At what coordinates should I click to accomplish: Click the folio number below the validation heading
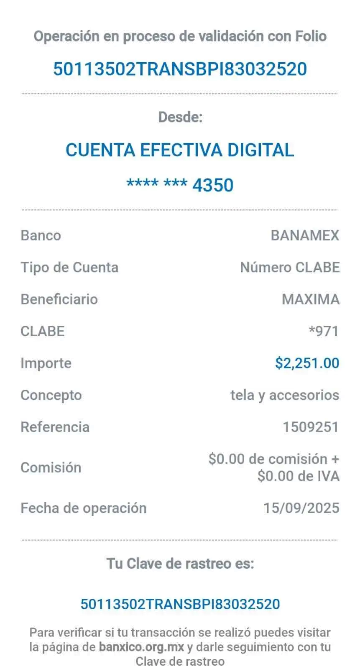pos(180,69)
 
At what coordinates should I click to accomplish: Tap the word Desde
pos(180,117)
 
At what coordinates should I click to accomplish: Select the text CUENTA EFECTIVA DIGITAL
pos(180,150)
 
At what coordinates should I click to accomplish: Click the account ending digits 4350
pos(213,185)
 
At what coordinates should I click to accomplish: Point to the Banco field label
pos(41,235)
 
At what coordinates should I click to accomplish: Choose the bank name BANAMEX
pos(305,235)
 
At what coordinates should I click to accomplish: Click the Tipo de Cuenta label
pos(69,267)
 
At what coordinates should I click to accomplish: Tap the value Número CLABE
pos(290,267)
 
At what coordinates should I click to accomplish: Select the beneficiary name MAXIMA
pos(310,299)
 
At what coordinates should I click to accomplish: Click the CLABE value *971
pos(323,331)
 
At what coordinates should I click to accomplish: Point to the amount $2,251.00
pos(307,363)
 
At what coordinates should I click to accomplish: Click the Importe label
pos(46,363)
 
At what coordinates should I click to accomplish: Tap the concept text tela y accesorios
pos(285,395)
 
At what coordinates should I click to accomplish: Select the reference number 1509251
pos(311,427)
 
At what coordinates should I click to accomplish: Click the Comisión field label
pos(51,467)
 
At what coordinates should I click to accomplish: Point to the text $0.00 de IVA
pos(299,476)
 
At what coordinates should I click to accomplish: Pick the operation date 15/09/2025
pos(301,508)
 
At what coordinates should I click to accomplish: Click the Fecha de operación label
pos(84,508)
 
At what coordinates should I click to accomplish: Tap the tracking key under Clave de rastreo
pos(180,604)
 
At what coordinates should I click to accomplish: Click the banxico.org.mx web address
pos(142,647)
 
